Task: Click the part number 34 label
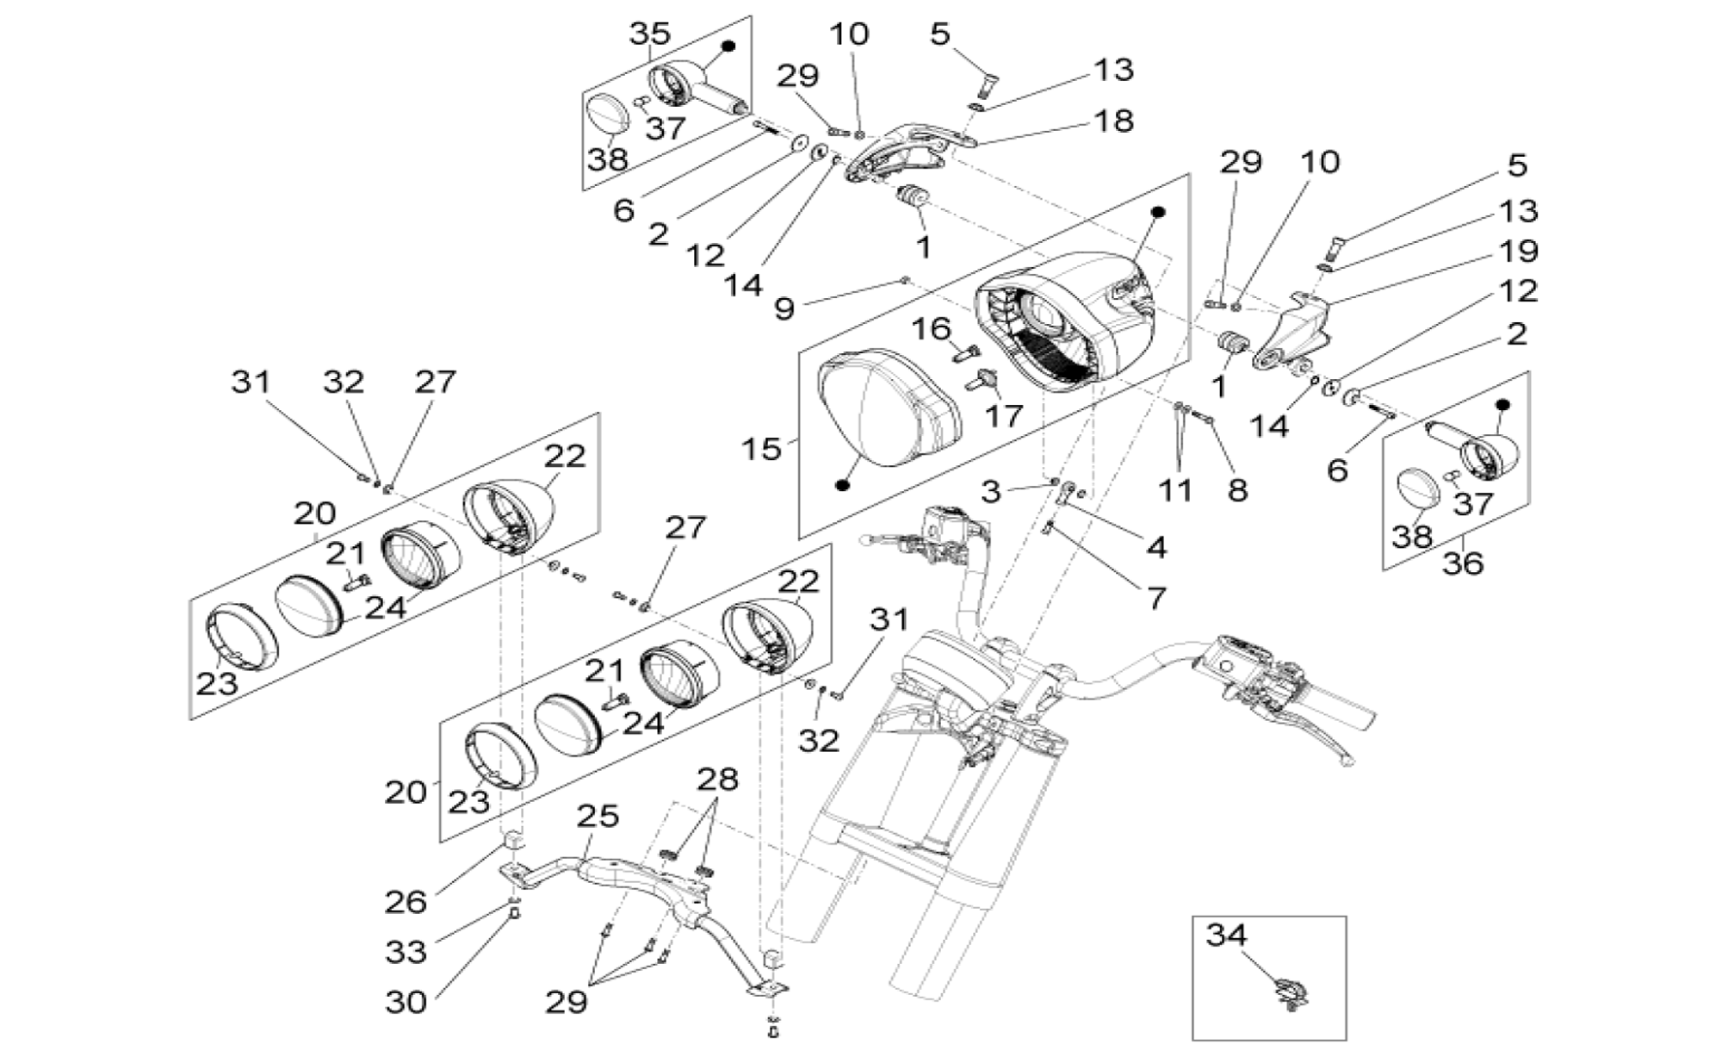tap(1226, 935)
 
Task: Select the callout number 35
tap(649, 34)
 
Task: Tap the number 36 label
tap(1463, 563)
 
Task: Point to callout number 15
tap(761, 449)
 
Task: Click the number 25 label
tap(598, 815)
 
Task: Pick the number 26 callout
tap(406, 902)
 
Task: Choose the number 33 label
tap(406, 952)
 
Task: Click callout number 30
tap(406, 1002)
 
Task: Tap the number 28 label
tap(717, 780)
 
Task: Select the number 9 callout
tap(784, 308)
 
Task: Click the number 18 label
tap(1113, 121)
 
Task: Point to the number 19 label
tap(1518, 251)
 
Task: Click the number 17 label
tap(1003, 415)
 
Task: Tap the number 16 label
tap(931, 328)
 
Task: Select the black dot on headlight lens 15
tap(843, 485)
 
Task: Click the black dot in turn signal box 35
tap(728, 47)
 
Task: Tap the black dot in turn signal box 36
tap(1504, 404)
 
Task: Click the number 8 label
tap(1237, 490)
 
